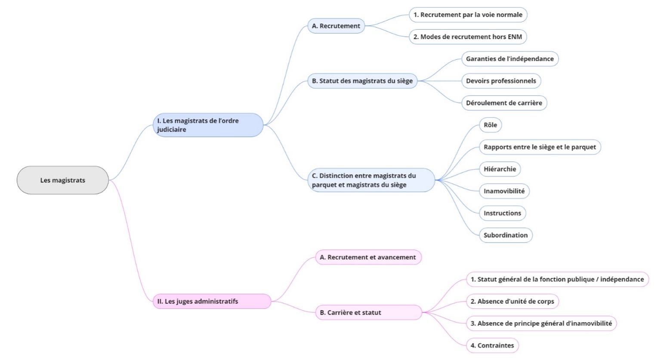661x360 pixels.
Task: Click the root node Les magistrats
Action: coord(62,180)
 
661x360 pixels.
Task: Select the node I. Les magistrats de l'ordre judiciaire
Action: coord(208,125)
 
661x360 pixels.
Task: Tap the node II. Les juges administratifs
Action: coord(212,301)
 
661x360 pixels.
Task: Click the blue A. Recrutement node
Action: coord(336,26)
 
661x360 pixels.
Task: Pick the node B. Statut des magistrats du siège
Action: coord(362,81)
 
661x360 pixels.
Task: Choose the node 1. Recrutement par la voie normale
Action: coord(468,15)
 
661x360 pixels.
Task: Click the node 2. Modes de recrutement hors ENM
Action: coord(467,37)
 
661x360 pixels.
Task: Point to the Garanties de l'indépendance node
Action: coord(510,59)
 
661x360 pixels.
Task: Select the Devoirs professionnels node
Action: coord(501,81)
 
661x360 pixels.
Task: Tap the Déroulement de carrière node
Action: coord(504,103)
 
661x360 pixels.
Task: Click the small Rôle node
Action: coord(490,125)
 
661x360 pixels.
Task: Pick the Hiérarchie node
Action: coord(500,169)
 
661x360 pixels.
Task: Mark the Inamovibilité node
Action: coord(504,191)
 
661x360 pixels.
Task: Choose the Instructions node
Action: coord(502,213)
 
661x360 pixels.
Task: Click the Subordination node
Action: coord(505,235)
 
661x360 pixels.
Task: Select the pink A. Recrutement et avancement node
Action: coord(368,257)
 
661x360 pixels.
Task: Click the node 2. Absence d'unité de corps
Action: coord(512,302)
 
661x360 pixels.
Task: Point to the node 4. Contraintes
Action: coord(492,345)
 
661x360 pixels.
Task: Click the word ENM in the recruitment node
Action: coord(515,37)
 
